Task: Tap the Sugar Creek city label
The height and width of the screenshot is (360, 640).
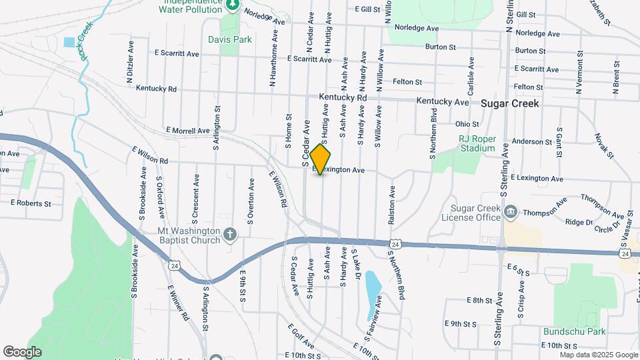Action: point(510,103)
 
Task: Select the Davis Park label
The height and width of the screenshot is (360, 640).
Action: point(230,39)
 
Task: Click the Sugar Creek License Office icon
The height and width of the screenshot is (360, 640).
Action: point(511,213)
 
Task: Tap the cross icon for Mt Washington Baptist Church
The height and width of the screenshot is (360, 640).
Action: point(230,234)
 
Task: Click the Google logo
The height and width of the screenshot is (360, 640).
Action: point(22,351)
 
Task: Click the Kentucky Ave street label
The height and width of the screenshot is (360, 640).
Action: point(443,101)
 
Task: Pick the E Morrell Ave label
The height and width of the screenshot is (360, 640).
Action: point(188,131)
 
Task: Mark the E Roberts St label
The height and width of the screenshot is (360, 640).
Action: point(31,203)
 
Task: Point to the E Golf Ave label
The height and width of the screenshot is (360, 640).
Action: point(301,336)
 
